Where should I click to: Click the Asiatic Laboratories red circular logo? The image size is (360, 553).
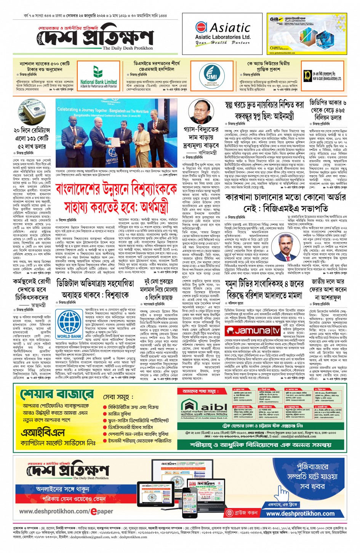click(x=201, y=27)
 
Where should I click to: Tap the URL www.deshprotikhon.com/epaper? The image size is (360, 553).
click(x=66, y=511)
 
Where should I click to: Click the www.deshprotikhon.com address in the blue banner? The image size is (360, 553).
click(x=300, y=513)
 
